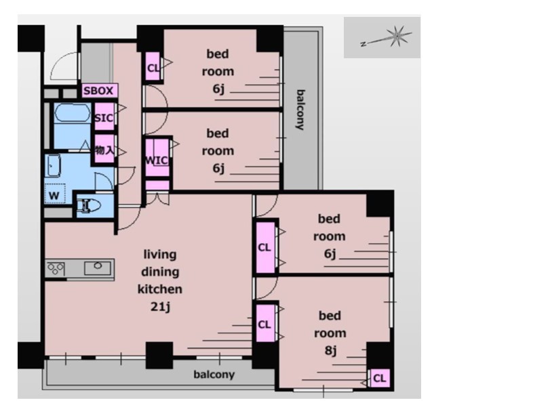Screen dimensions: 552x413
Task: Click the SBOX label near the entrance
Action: (98, 91)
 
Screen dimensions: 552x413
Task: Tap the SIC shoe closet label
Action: (104, 118)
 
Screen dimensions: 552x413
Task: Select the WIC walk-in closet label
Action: (156, 160)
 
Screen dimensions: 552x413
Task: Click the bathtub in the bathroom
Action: (72, 113)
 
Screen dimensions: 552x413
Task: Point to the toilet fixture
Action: (89, 206)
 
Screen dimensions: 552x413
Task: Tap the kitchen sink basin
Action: (98, 268)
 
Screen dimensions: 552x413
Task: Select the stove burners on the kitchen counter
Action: (56, 269)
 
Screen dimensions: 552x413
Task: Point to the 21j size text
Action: (160, 307)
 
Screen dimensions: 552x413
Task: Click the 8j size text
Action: (330, 351)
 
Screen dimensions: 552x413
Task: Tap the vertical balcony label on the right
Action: (300, 110)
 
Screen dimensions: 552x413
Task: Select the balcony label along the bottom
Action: (214, 374)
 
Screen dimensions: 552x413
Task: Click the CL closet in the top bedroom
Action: (153, 68)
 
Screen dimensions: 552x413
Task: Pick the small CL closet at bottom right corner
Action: (379, 378)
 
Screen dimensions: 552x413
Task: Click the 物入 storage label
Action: (104, 150)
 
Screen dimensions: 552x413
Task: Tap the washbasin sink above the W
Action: (54, 166)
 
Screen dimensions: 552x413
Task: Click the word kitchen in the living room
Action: (160, 289)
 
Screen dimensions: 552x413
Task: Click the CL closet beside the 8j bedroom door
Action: (264, 324)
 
